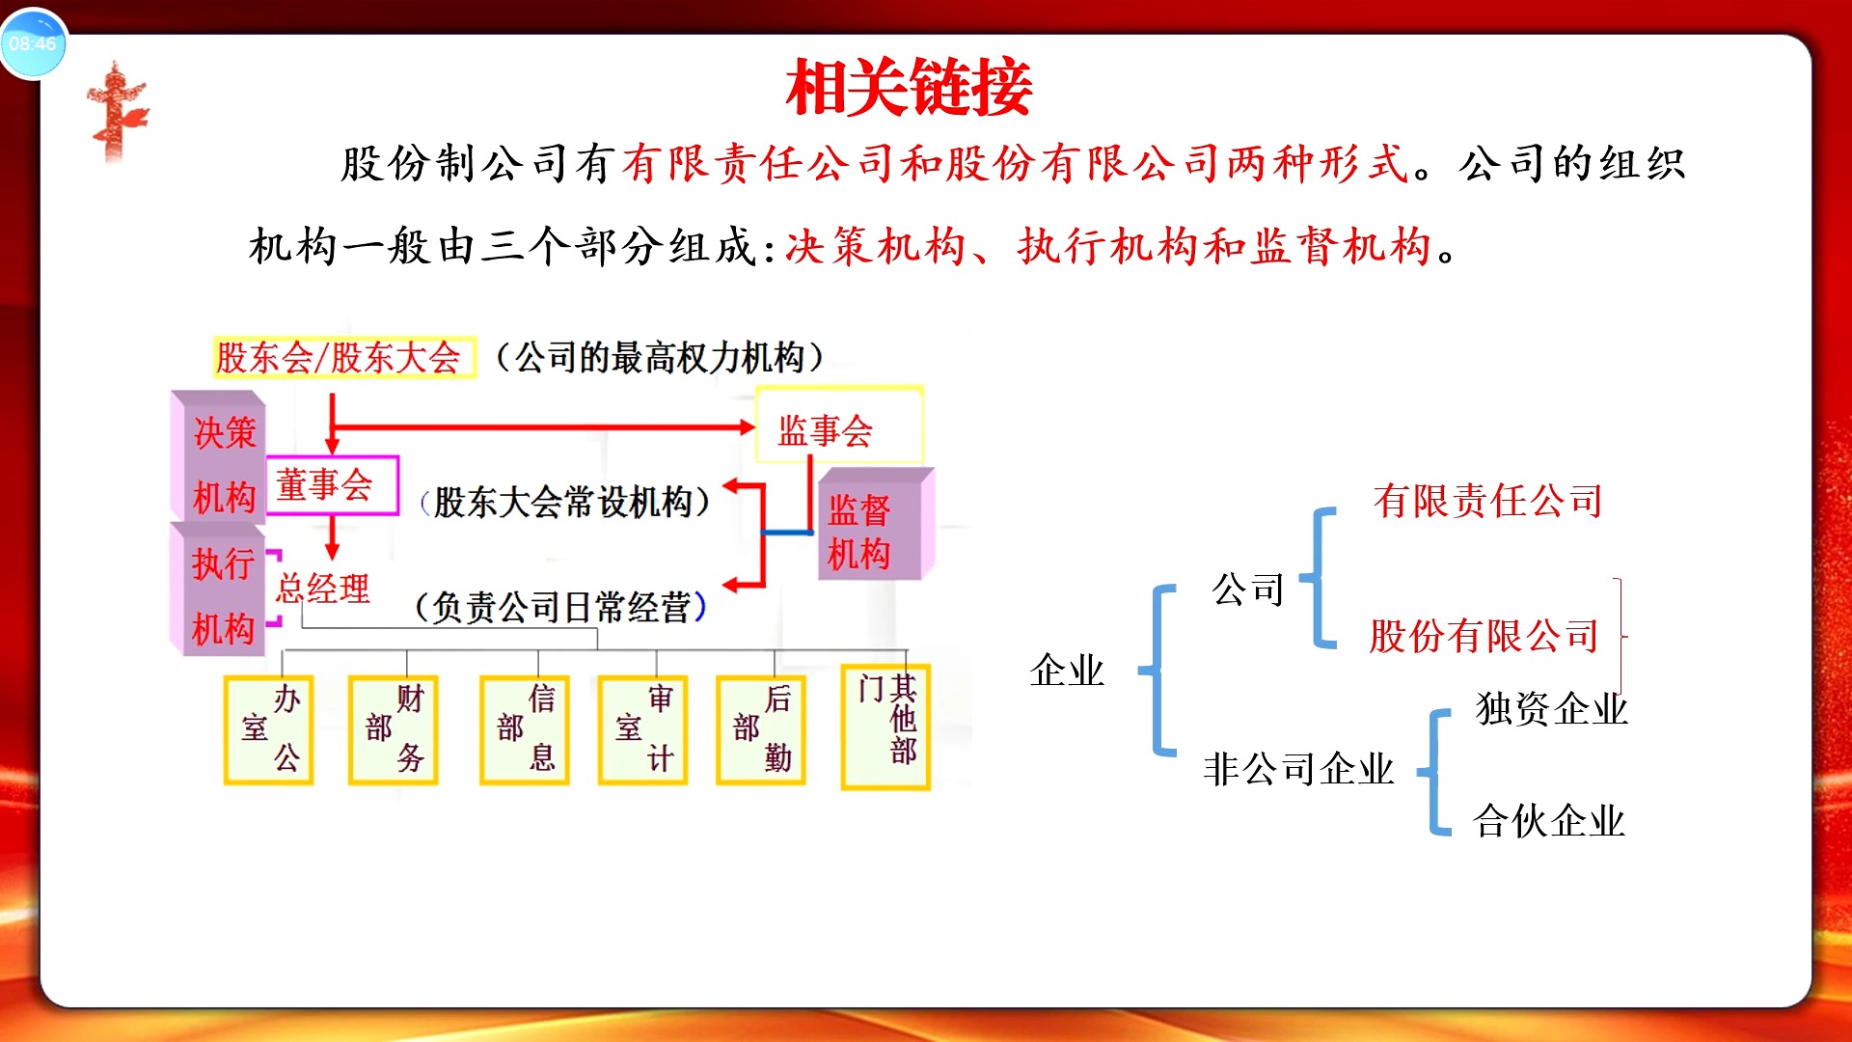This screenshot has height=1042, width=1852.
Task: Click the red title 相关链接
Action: tap(909, 88)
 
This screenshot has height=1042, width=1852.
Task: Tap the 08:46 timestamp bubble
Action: tap(33, 43)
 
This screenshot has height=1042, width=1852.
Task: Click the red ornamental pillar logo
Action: tap(118, 111)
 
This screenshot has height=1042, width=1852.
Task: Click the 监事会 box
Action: tap(837, 427)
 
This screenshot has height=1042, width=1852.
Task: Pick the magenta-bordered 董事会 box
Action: tap(331, 484)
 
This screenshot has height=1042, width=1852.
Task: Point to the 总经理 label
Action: tap(323, 588)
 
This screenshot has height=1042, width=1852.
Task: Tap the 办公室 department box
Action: tap(269, 729)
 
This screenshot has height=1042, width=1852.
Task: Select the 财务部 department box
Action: tap(394, 729)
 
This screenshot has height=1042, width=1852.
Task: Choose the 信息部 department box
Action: tap(525, 729)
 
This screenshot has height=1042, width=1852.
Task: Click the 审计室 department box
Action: tap(642, 729)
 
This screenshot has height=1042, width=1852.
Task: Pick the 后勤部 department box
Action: tap(761, 729)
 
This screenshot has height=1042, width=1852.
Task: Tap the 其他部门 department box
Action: tap(885, 726)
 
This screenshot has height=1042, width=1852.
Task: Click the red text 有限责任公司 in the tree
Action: tap(1487, 501)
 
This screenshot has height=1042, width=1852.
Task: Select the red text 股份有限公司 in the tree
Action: tap(1484, 636)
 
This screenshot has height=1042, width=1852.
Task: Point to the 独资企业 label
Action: tap(1551, 709)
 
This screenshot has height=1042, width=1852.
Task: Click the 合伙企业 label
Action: tap(1549, 821)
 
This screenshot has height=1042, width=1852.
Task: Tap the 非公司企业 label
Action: tap(1298, 769)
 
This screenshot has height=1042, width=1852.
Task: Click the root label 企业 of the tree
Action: tap(1067, 670)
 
